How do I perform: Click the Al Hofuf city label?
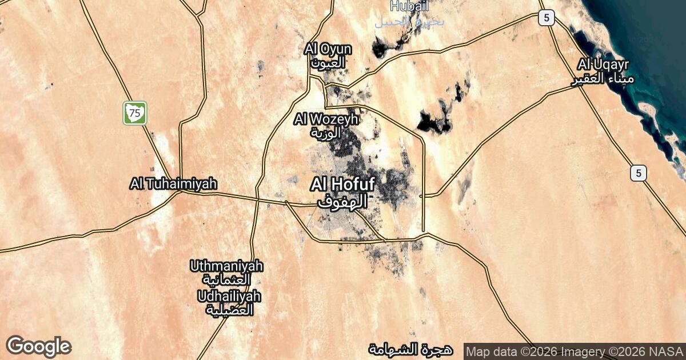342,185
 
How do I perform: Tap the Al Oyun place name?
328,50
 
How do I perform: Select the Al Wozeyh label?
326,119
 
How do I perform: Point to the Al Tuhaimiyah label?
173,184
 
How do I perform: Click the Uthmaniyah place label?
227,266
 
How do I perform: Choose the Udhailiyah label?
229,297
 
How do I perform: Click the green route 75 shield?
135,113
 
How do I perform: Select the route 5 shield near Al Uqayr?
639,173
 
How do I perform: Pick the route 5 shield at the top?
547,18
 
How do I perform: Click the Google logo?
38,346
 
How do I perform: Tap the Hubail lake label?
409,7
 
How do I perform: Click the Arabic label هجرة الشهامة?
410,349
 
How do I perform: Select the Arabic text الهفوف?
341,202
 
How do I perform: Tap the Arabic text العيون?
328,62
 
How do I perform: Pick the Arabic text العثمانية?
228,281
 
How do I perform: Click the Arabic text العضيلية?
229,310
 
